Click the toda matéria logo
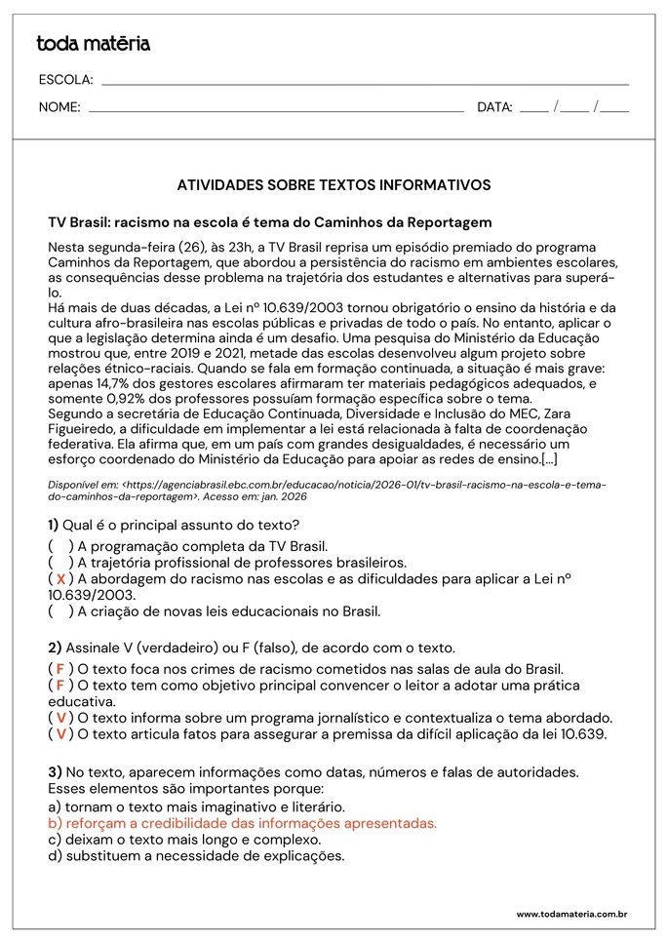[93, 43]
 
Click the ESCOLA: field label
[65, 80]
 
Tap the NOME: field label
[59, 107]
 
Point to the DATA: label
[494, 107]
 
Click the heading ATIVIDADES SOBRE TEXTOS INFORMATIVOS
[334, 184]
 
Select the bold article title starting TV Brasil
[270, 222]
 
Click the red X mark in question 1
[60, 579]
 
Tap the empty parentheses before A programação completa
[60, 547]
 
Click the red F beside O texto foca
[60, 669]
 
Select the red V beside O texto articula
[60, 733]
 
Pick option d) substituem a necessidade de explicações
[196, 856]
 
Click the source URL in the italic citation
[327, 490]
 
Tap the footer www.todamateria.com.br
[570, 914]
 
